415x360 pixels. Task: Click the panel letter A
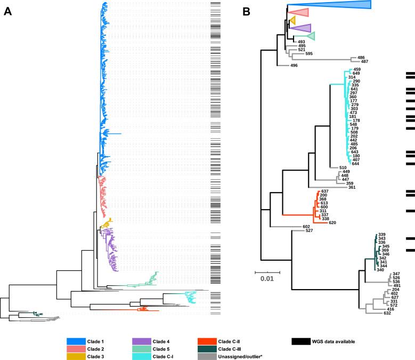tap(8, 12)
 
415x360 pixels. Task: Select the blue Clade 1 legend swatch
tap(78, 341)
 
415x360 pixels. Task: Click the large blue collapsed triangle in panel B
tap(341, 5)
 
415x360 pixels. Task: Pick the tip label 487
tap(364, 61)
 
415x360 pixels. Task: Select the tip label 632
tap(387, 314)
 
